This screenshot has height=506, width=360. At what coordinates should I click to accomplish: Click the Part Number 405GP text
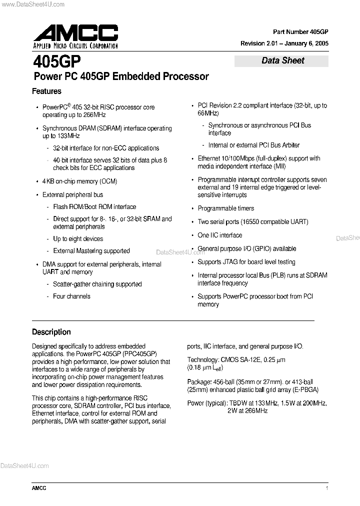[x=300, y=31]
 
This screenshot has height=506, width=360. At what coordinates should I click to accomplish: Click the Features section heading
[x=46, y=91]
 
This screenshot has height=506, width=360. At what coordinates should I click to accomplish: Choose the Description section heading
[x=51, y=332]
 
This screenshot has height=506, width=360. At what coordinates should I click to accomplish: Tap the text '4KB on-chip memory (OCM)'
[x=79, y=181]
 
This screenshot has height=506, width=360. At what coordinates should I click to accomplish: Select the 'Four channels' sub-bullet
[x=71, y=296]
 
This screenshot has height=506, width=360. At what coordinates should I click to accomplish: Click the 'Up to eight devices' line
[x=78, y=239]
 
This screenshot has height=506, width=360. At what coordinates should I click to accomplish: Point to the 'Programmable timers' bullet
[x=225, y=208]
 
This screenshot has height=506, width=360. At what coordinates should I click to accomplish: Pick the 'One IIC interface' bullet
[x=219, y=235]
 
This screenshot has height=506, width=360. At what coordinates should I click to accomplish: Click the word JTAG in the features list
[x=232, y=262]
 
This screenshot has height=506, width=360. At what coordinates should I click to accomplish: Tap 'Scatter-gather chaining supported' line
[x=97, y=284]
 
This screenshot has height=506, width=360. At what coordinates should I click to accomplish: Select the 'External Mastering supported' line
[x=91, y=251]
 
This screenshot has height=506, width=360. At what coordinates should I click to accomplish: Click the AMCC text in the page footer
[x=39, y=488]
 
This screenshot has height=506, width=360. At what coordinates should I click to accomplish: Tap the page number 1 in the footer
[x=326, y=488]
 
